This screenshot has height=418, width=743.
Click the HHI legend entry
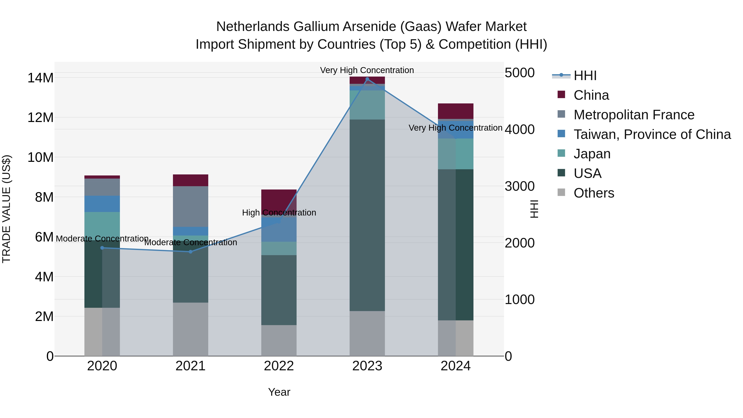(x=585, y=76)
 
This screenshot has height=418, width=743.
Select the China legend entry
(x=591, y=95)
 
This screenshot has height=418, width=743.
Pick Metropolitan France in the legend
(x=634, y=115)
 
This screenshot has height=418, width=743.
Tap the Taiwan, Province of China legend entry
(x=652, y=134)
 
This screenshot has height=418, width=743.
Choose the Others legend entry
(x=594, y=193)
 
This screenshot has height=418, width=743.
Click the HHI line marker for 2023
(x=367, y=79)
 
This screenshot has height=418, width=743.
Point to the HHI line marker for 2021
(x=190, y=252)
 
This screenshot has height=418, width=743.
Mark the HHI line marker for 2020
(x=102, y=248)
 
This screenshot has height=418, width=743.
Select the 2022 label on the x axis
(x=279, y=366)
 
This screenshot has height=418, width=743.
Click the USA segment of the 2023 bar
(x=367, y=215)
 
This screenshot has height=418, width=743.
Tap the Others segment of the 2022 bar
(x=279, y=340)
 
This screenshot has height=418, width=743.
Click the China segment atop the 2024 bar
(x=456, y=111)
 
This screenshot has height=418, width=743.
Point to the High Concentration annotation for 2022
(x=279, y=213)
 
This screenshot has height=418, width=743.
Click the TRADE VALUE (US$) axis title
(x=6, y=209)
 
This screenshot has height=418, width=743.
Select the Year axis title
(x=279, y=392)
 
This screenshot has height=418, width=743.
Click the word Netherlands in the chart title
(x=253, y=27)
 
